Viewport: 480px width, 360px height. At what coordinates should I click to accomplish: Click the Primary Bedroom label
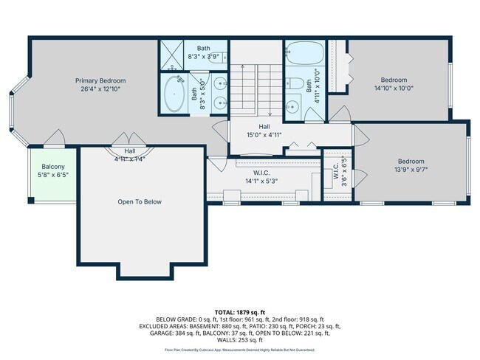coord(100,81)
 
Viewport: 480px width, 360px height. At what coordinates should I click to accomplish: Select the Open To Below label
coord(140,201)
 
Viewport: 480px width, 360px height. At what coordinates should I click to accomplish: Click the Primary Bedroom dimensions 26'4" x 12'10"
coord(100,89)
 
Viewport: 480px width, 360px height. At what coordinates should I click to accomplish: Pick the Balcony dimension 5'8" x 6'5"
coord(52,176)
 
